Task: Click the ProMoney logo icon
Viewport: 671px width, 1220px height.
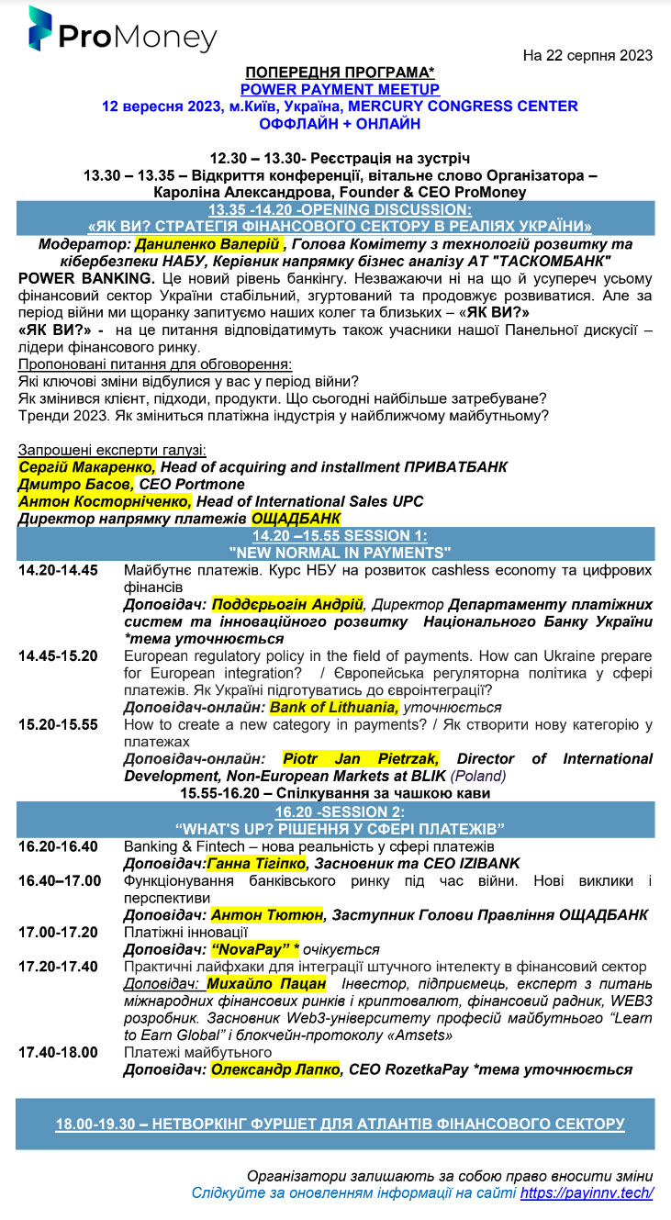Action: coord(39,29)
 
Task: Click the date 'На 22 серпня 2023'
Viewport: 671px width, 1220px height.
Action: coord(587,55)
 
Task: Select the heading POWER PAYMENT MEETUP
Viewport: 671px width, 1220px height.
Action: coord(340,89)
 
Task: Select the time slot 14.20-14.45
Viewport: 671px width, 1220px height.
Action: coord(58,570)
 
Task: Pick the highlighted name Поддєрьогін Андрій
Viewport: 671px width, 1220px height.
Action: coord(287,604)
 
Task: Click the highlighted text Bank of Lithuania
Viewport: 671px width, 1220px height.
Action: coord(334,707)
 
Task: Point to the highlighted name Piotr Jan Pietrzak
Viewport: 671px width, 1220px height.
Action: coord(360,758)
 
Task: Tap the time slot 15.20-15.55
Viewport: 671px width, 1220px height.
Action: coord(58,724)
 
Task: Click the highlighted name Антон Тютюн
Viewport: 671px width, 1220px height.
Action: coord(267,914)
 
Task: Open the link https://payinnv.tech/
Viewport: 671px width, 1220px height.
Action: coord(587,1193)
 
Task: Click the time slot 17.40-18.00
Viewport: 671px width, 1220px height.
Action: coord(58,1052)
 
